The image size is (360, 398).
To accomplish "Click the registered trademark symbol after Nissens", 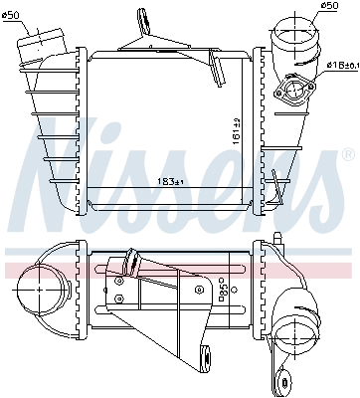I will pyautogui.click(x=347, y=156).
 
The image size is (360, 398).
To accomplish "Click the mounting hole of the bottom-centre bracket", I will pyautogui.click(x=205, y=352).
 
